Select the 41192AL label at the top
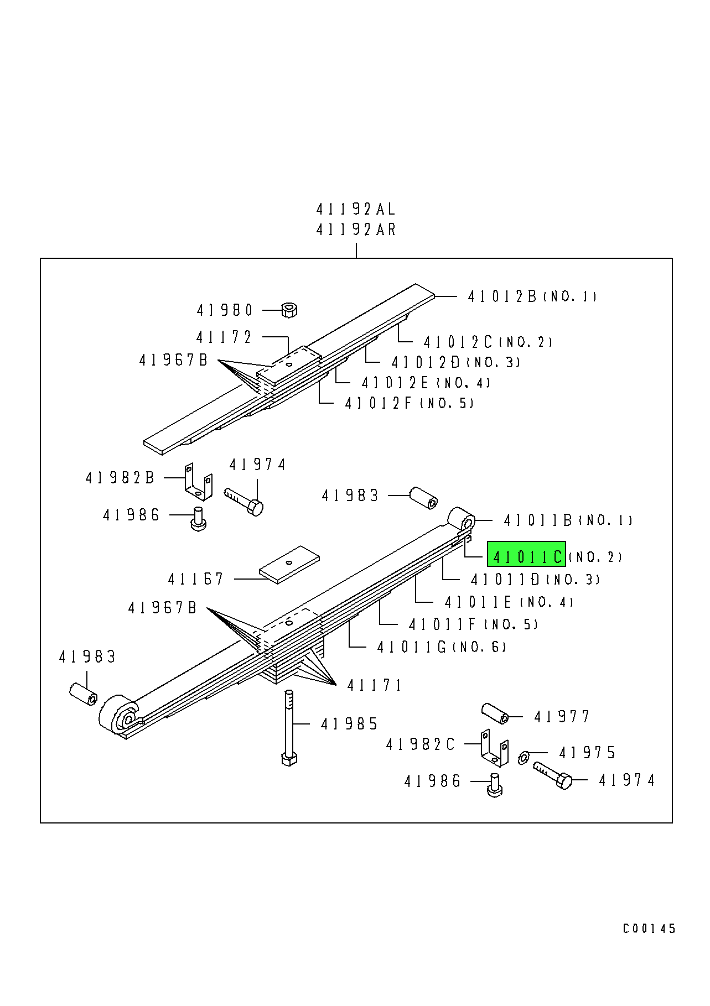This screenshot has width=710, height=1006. pyautogui.click(x=356, y=210)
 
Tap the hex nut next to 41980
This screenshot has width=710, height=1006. pyautogui.click(x=288, y=310)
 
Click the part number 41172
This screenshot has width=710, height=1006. pyautogui.click(x=224, y=337)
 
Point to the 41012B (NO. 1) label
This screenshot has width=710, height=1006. pyautogui.click(x=532, y=296)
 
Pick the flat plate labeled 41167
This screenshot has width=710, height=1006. pyautogui.click(x=289, y=564)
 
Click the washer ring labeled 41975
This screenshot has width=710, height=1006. pyautogui.click(x=524, y=758)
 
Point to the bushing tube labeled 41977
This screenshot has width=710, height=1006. pyautogui.click(x=495, y=713)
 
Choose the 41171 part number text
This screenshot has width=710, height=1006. pyautogui.click(x=375, y=685)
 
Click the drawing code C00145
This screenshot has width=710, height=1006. pyautogui.click(x=649, y=929)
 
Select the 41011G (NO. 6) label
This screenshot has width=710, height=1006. pyautogui.click(x=441, y=647)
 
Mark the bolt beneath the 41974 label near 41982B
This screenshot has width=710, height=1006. pyautogui.click(x=244, y=501)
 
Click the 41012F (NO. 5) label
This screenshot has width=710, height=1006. pyautogui.click(x=409, y=403)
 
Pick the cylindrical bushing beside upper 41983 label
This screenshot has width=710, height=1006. pyautogui.click(x=423, y=498)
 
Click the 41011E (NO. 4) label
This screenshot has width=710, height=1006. pyautogui.click(x=509, y=602)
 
